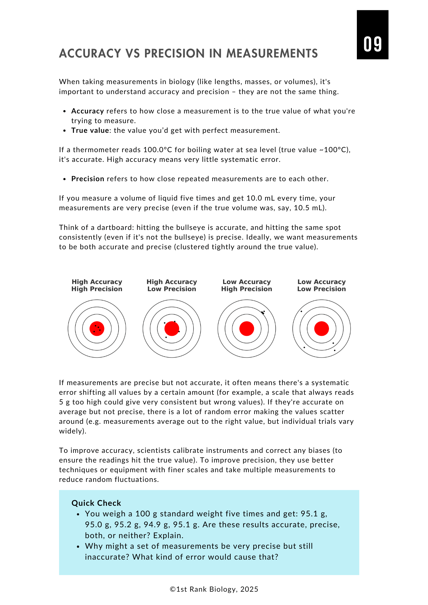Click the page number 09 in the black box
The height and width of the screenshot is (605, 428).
tap(373, 44)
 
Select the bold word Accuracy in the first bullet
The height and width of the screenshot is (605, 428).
tap(87, 111)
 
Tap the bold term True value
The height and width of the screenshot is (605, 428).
tap(90, 130)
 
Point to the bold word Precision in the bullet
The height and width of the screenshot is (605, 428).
tap(88, 179)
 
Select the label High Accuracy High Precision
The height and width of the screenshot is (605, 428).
tap(97, 285)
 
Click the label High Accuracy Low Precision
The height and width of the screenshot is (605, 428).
tap(172, 285)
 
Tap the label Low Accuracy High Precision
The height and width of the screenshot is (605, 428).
tap(247, 285)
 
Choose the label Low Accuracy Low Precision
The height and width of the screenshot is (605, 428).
tap(321, 285)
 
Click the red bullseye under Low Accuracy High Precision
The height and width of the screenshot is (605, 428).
tap(247, 329)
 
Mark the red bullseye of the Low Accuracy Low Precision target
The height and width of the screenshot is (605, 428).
tap(321, 329)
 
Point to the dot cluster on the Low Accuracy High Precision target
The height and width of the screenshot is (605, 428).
tap(263, 312)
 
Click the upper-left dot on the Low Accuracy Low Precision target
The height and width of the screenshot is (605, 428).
tap(301, 311)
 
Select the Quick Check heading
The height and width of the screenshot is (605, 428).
tap(96, 503)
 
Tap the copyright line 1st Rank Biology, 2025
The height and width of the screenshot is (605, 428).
tap(214, 589)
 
